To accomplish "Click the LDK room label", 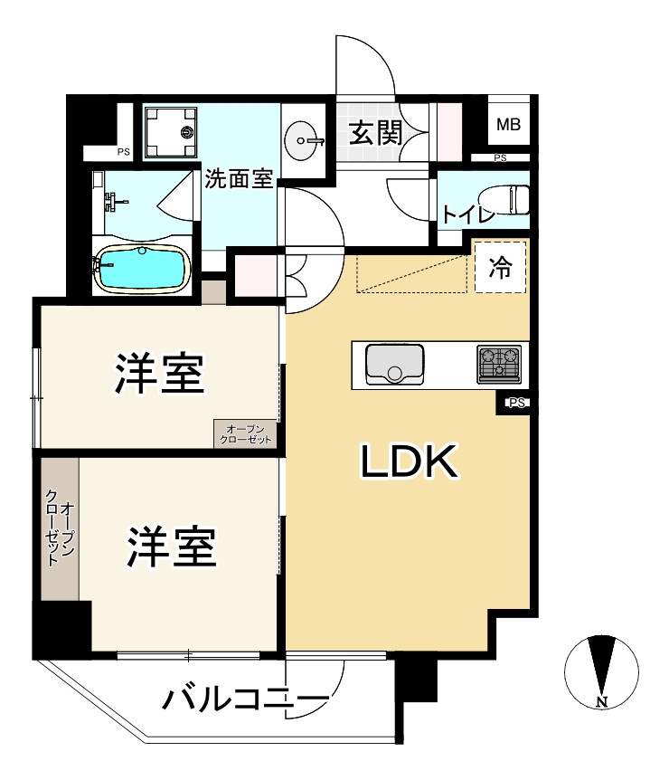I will (x=410, y=462).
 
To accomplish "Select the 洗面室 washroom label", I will (x=238, y=179).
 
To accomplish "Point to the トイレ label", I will (x=467, y=215).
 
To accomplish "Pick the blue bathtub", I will (x=143, y=269).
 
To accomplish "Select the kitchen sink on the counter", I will (x=394, y=365).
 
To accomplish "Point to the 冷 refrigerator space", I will (x=499, y=268).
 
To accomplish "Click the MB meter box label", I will (x=508, y=126).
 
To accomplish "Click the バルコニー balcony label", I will (x=244, y=699).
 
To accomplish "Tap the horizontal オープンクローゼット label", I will (x=246, y=433).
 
